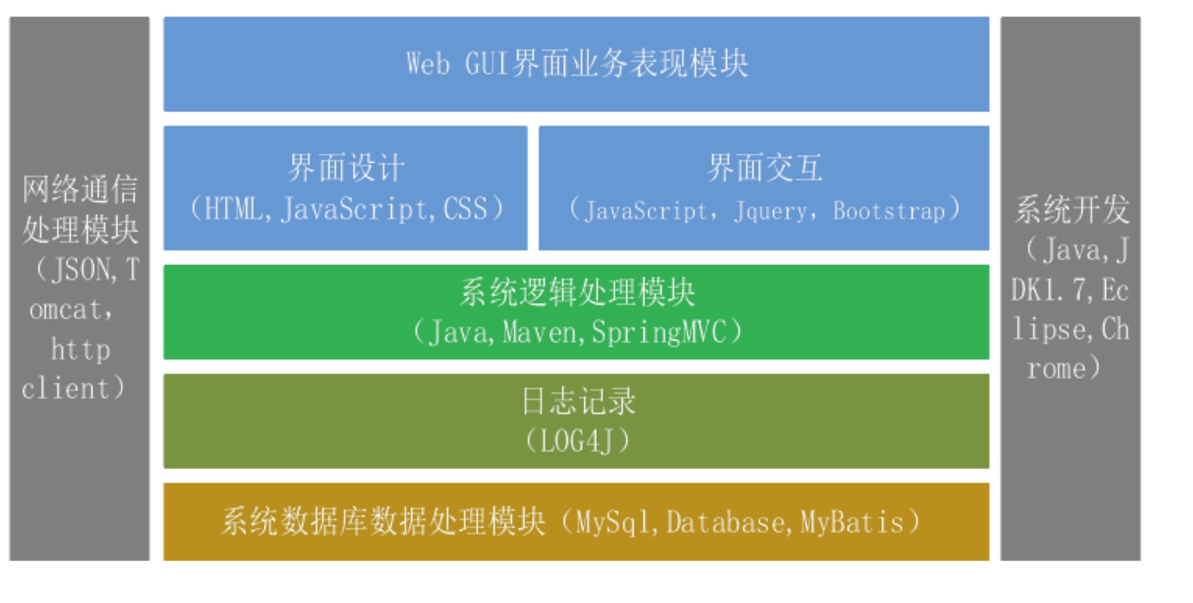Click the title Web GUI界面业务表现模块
tap(577, 64)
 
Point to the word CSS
tap(465, 210)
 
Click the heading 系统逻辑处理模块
tap(577, 294)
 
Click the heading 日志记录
tap(577, 403)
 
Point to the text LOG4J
tap(577, 442)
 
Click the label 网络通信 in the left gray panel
tap(79, 189)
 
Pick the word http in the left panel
tap(80, 350)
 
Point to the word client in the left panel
tap(66, 388)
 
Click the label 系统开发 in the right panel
tap(1071, 210)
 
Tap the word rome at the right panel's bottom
tap(1056, 368)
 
